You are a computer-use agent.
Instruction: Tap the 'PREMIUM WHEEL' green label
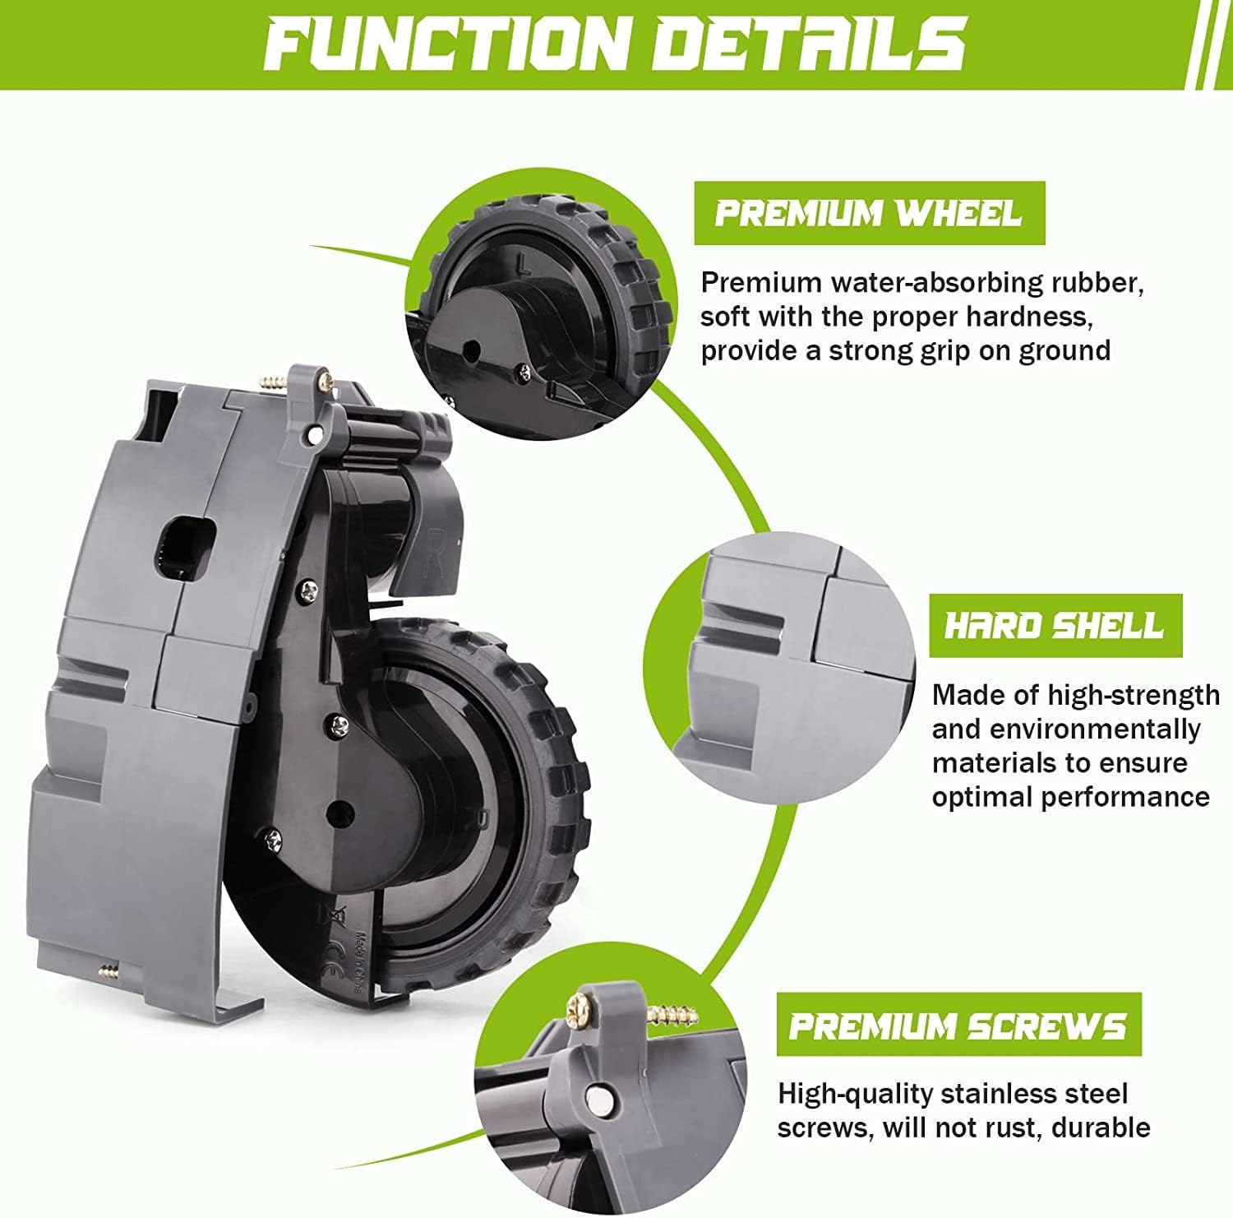point(869,214)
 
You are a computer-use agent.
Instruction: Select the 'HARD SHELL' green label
point(1055,626)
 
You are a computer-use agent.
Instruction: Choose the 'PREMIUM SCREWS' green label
point(958,1026)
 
